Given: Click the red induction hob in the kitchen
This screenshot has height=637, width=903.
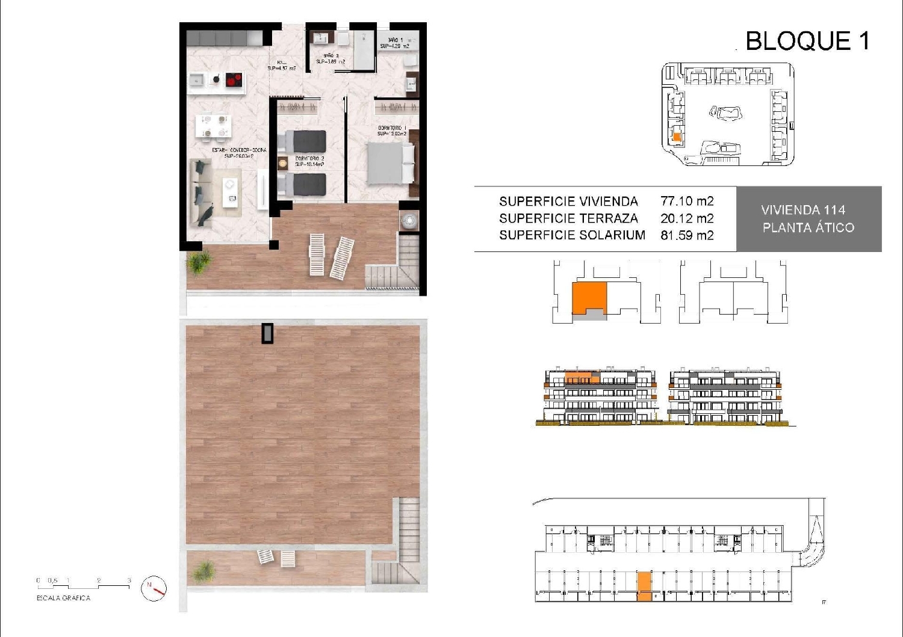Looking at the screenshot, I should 234,79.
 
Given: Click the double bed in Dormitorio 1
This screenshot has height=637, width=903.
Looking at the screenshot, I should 391,164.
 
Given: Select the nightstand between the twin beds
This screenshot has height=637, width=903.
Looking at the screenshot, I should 282,162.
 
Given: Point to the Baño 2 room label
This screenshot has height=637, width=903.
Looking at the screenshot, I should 330,58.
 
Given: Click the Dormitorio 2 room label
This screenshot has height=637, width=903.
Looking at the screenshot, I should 309,161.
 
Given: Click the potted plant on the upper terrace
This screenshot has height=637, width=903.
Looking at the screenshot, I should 198,262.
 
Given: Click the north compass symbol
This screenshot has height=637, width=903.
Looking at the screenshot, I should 154,589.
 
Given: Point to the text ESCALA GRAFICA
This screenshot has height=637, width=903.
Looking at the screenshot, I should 63,599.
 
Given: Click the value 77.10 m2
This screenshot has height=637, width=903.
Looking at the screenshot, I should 687,202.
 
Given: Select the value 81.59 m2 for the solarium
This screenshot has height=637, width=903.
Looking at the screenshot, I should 687,235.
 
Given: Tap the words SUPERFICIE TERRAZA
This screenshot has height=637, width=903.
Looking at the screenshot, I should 568,218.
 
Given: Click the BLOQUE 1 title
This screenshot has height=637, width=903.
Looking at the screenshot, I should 807,41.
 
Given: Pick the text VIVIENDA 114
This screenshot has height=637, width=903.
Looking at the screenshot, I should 803,210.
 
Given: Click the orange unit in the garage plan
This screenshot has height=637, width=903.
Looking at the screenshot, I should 644,586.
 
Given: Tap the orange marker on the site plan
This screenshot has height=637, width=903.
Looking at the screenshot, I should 677,137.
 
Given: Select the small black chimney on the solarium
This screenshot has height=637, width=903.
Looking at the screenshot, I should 267,333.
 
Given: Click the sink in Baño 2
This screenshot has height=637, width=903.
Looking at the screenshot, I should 319,39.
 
